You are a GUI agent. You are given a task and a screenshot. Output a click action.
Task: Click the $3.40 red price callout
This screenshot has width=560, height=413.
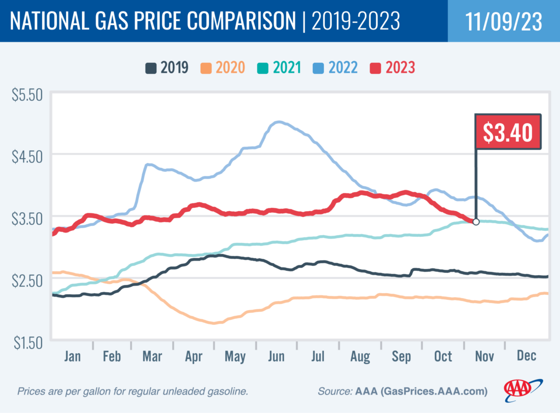click(x=508, y=132)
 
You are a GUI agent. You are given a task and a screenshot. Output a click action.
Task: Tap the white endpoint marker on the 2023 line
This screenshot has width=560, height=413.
click(x=476, y=222)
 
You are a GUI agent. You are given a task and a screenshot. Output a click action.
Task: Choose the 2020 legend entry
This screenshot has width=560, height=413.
click(x=223, y=68)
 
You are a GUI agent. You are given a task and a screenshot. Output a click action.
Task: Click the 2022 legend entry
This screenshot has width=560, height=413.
click(x=335, y=68)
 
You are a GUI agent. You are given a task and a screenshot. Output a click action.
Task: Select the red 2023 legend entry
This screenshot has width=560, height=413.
click(x=392, y=68)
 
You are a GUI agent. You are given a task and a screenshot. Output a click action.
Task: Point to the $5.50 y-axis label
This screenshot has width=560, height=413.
click(x=27, y=95)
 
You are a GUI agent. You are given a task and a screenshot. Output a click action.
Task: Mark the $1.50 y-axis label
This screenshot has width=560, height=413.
click(x=27, y=342)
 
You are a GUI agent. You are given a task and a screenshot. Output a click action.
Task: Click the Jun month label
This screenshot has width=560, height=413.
click(x=276, y=356)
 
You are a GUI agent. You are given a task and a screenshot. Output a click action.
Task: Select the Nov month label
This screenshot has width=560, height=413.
click(x=484, y=356)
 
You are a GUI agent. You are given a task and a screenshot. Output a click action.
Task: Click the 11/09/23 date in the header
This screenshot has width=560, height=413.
click(x=504, y=21)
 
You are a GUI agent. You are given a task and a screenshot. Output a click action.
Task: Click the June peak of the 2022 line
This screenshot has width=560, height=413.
click(x=278, y=122)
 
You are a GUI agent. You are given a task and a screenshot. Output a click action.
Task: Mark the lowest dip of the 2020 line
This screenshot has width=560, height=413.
click(x=214, y=323)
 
